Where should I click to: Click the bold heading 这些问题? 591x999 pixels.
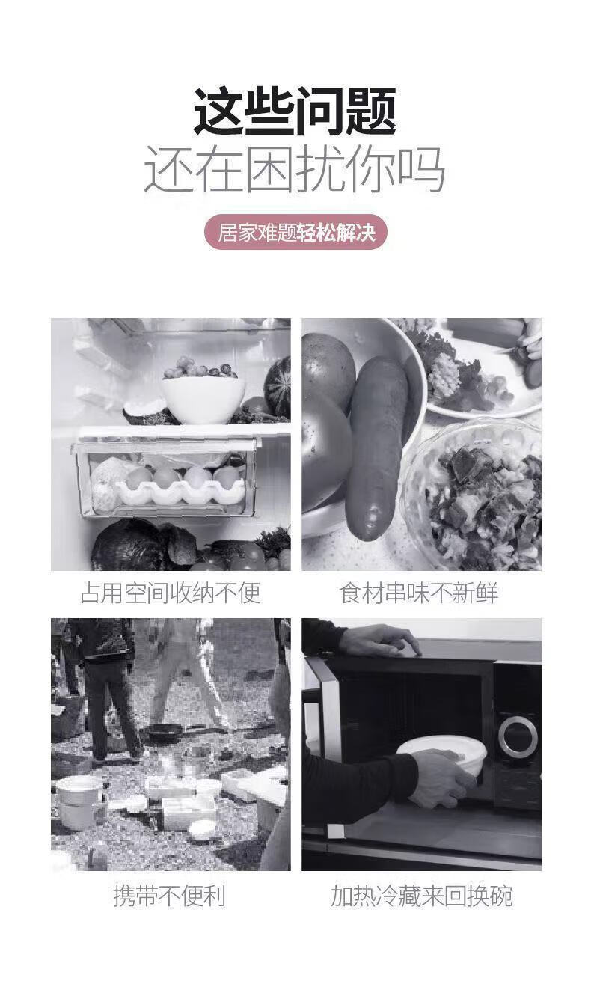[295, 112]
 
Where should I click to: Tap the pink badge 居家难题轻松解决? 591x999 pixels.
[295, 233]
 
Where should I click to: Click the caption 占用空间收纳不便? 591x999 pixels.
[171, 593]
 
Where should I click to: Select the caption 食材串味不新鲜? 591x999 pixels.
[419, 593]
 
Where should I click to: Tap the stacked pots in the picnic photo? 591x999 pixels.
[80, 803]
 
